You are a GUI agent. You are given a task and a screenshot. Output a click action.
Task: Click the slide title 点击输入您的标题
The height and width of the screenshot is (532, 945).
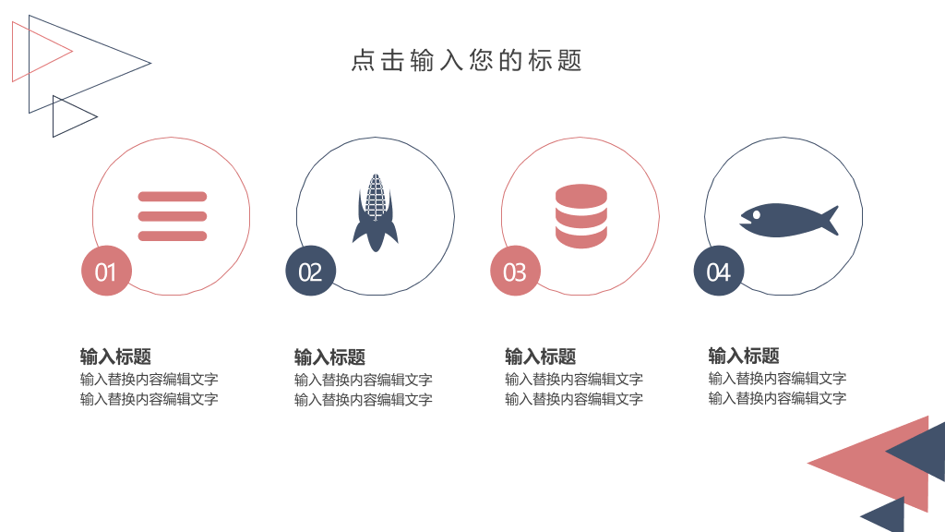point(466,61)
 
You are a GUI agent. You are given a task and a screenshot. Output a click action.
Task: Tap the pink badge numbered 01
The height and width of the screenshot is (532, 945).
point(107,271)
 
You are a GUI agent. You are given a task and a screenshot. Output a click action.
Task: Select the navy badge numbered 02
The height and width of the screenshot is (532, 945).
point(310,271)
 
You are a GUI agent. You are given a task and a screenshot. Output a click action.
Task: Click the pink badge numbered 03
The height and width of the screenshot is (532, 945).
point(515,271)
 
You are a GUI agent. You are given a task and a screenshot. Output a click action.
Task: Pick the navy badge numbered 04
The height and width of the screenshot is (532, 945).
point(719,271)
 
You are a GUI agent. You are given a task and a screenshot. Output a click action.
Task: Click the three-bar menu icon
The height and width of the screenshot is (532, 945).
point(173,216)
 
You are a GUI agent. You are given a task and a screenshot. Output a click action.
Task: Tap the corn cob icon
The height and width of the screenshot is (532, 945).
point(376,213)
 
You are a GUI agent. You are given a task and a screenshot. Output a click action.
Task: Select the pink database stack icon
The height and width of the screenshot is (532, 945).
point(581,216)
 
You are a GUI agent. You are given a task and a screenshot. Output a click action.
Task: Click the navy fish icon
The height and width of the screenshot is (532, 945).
point(789,220)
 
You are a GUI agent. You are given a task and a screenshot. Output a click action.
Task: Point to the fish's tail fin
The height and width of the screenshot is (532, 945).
point(830,220)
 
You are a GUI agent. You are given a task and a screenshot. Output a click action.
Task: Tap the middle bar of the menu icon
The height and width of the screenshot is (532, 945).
point(173,216)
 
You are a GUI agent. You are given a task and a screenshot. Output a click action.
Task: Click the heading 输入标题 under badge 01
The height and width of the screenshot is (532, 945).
point(115,357)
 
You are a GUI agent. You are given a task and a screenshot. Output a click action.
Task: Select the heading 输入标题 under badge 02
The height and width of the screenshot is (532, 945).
point(329,357)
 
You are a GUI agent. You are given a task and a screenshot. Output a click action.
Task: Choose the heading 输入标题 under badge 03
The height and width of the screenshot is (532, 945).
point(541,357)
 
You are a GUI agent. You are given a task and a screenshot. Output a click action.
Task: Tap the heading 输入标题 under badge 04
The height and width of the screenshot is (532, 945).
point(744,356)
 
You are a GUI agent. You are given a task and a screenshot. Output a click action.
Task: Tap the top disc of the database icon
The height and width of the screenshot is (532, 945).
point(581,194)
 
